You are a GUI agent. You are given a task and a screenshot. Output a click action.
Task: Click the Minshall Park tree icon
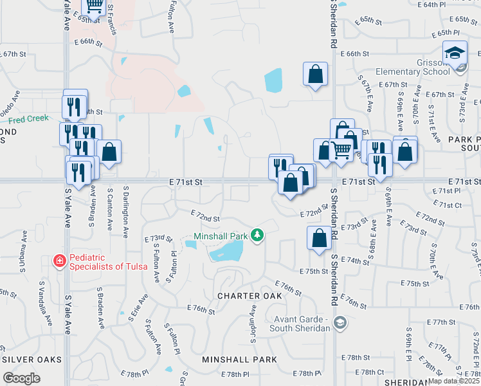click(x=257, y=235)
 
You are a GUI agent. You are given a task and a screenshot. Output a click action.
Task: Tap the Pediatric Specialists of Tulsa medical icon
click(x=59, y=261)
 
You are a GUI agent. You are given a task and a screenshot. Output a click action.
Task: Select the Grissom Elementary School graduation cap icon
click(x=455, y=53)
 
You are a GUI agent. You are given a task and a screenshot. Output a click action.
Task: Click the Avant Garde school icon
click(x=340, y=322)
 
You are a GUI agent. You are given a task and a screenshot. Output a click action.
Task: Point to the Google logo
click(x=21, y=378)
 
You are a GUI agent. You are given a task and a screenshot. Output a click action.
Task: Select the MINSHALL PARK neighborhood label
click(x=240, y=359)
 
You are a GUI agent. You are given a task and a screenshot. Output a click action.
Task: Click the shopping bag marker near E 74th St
click(x=319, y=238)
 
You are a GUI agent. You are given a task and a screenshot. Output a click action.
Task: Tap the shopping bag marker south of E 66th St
click(x=315, y=74)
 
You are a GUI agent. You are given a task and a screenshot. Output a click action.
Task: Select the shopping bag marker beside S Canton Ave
click(x=109, y=152)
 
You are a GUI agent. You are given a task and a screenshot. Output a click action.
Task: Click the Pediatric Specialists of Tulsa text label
click(x=105, y=261)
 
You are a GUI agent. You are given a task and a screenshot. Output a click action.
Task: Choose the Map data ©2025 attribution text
click(x=453, y=381)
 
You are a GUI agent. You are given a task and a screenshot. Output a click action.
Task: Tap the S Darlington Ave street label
click(x=125, y=210)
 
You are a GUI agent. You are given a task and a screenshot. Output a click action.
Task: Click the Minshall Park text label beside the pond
click(x=221, y=235)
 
